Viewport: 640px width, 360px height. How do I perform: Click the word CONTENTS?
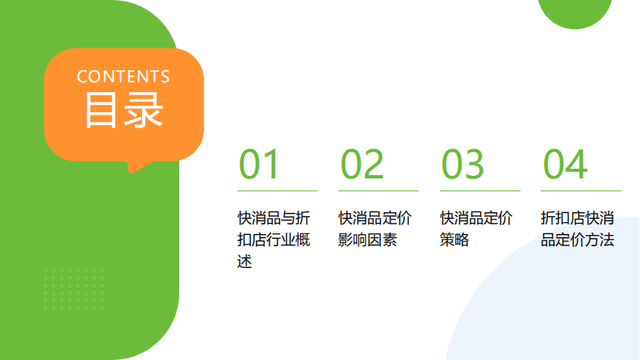[x=123, y=77]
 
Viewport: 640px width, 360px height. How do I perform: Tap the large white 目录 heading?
[x=123, y=111]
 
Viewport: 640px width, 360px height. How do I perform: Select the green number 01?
[x=258, y=165]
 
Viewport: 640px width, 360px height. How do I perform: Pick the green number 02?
[x=362, y=165]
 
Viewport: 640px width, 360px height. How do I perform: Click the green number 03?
[x=462, y=165]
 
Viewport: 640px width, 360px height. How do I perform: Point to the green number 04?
[x=564, y=165]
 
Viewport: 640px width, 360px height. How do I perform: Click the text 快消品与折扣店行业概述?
[x=274, y=240]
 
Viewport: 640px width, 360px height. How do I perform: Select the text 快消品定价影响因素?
[x=374, y=229]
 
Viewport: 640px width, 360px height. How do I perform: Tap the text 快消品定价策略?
[x=476, y=229]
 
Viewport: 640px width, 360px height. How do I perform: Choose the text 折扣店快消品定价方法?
[x=578, y=229]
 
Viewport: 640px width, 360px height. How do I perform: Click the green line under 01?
[x=278, y=191]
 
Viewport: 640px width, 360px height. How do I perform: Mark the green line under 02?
[x=379, y=191]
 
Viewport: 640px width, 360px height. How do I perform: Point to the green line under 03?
[x=480, y=191]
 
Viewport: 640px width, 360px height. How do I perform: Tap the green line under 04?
[x=581, y=191]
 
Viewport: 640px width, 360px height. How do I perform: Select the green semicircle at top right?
[x=575, y=12]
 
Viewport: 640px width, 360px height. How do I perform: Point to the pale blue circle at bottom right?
[x=557, y=315]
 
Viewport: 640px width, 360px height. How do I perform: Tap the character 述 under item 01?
[x=245, y=262]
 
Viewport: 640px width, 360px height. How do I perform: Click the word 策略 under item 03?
[x=454, y=241]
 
